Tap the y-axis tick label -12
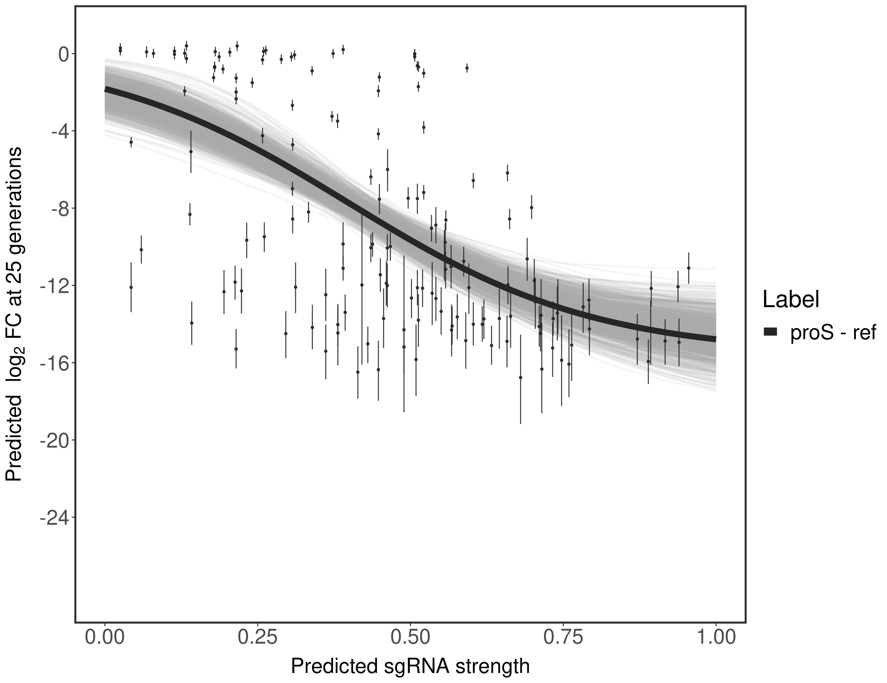point(50,286)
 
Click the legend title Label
point(790,300)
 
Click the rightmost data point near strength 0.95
point(688,268)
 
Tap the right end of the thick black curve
point(715,339)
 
